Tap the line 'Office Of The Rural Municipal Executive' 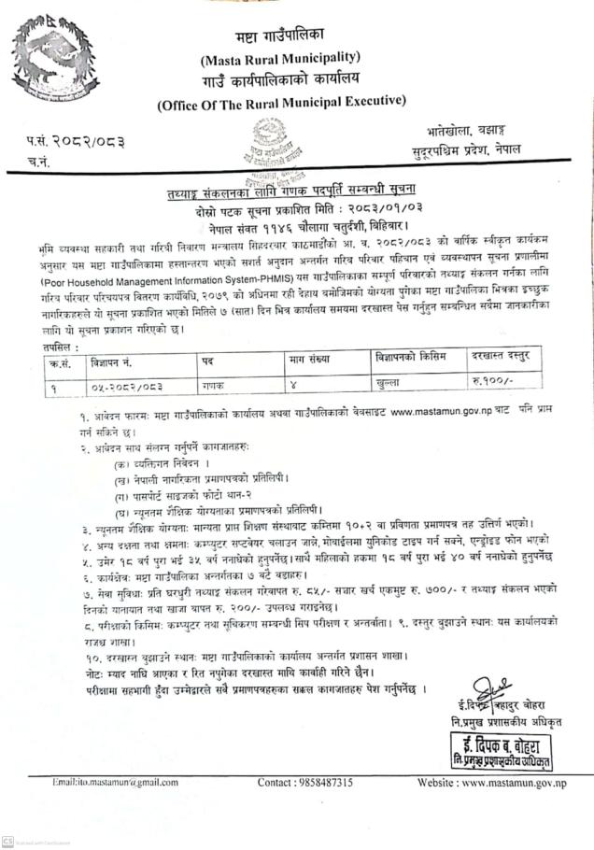pos(282,101)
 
